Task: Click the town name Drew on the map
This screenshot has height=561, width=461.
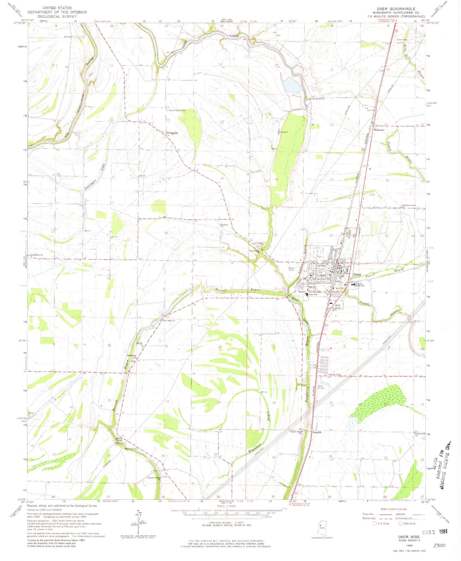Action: click(x=357, y=275)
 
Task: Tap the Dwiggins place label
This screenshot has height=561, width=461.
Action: click(x=172, y=133)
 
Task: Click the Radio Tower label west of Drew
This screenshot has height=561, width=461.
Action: click(x=291, y=269)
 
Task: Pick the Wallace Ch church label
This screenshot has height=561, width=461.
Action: click(x=225, y=226)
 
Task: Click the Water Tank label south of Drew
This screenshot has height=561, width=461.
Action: click(x=335, y=375)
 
